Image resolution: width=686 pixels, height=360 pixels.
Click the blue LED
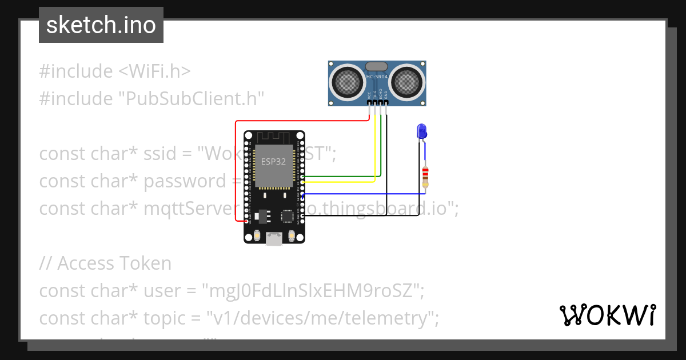422,131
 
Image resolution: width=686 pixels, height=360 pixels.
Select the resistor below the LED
425,177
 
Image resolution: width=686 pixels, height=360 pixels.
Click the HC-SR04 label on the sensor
377,77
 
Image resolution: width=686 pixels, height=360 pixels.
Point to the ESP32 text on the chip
273,162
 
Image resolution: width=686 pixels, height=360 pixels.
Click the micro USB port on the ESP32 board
274,239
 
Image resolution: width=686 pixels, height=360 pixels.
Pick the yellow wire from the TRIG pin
375,149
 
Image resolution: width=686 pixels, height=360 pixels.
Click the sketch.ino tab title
101,25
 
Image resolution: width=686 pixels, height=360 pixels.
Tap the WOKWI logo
607,315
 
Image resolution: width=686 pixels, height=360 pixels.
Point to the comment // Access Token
105,263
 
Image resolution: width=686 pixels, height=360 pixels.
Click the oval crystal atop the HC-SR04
376,67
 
